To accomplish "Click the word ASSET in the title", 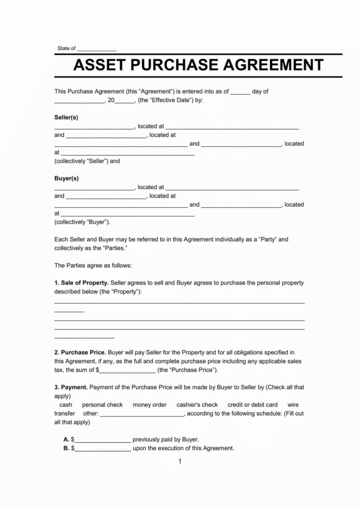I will click(102, 65).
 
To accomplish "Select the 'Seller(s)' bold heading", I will click(66, 117).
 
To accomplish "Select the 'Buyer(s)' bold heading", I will click(66, 178).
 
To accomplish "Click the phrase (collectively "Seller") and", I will click(87, 161).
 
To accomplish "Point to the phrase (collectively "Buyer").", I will click(82, 222).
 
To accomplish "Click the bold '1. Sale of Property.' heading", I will click(81, 282).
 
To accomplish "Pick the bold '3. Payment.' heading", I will click(71, 387).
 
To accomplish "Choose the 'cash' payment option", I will click(66, 405).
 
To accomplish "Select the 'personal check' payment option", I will click(102, 405).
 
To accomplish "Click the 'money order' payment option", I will click(150, 405).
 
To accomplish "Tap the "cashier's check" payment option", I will click(197, 405).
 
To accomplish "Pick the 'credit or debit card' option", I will click(253, 405).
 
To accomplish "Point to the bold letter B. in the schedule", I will click(66, 448).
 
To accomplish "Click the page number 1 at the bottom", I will click(180, 461).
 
